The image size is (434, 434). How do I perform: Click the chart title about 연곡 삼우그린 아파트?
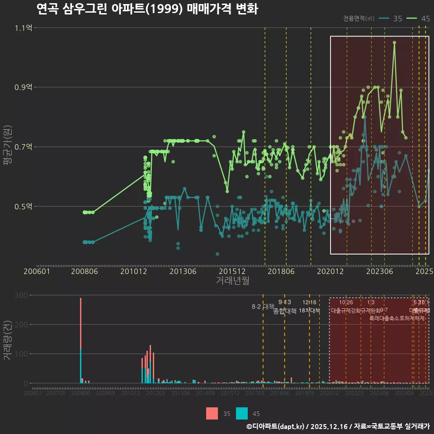click(146, 9)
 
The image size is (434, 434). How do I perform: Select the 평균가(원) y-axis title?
click(7, 147)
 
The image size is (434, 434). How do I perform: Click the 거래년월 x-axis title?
click(232, 280)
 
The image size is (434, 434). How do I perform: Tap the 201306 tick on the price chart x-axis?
click(183, 271)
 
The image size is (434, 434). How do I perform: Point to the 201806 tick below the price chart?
click(281, 271)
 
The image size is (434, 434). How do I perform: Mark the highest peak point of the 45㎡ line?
click(394, 42)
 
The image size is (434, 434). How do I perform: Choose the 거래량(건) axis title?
click(7, 340)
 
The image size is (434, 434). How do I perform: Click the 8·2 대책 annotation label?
click(263, 307)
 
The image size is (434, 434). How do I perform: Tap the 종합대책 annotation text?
click(285, 311)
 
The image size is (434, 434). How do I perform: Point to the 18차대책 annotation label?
click(309, 311)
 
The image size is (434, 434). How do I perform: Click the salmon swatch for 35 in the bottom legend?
click(212, 413)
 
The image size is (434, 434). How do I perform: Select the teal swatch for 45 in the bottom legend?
click(242, 413)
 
